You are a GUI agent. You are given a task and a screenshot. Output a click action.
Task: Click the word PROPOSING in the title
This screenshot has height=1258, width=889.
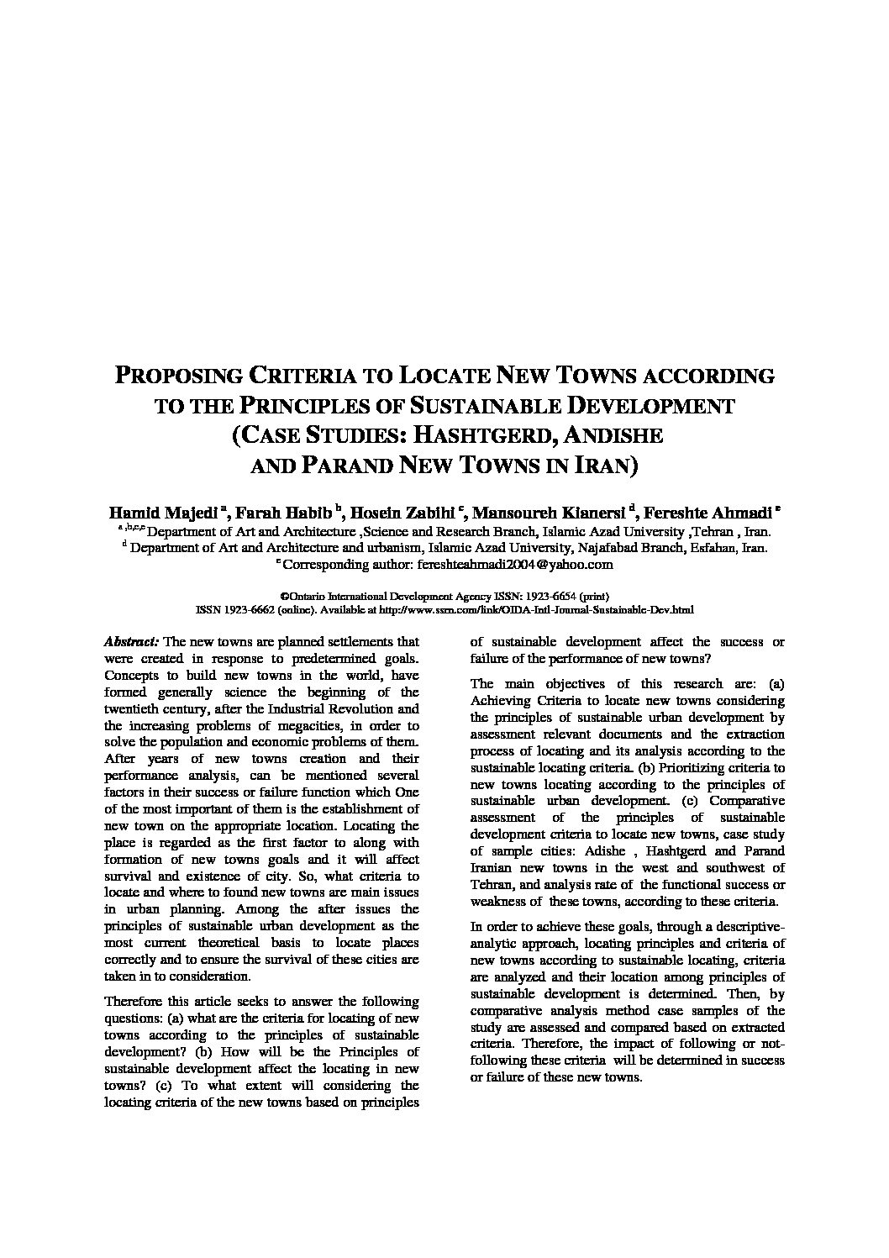click(x=178, y=376)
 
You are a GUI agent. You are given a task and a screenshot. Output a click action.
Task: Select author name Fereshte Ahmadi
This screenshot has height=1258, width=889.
click(x=708, y=513)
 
